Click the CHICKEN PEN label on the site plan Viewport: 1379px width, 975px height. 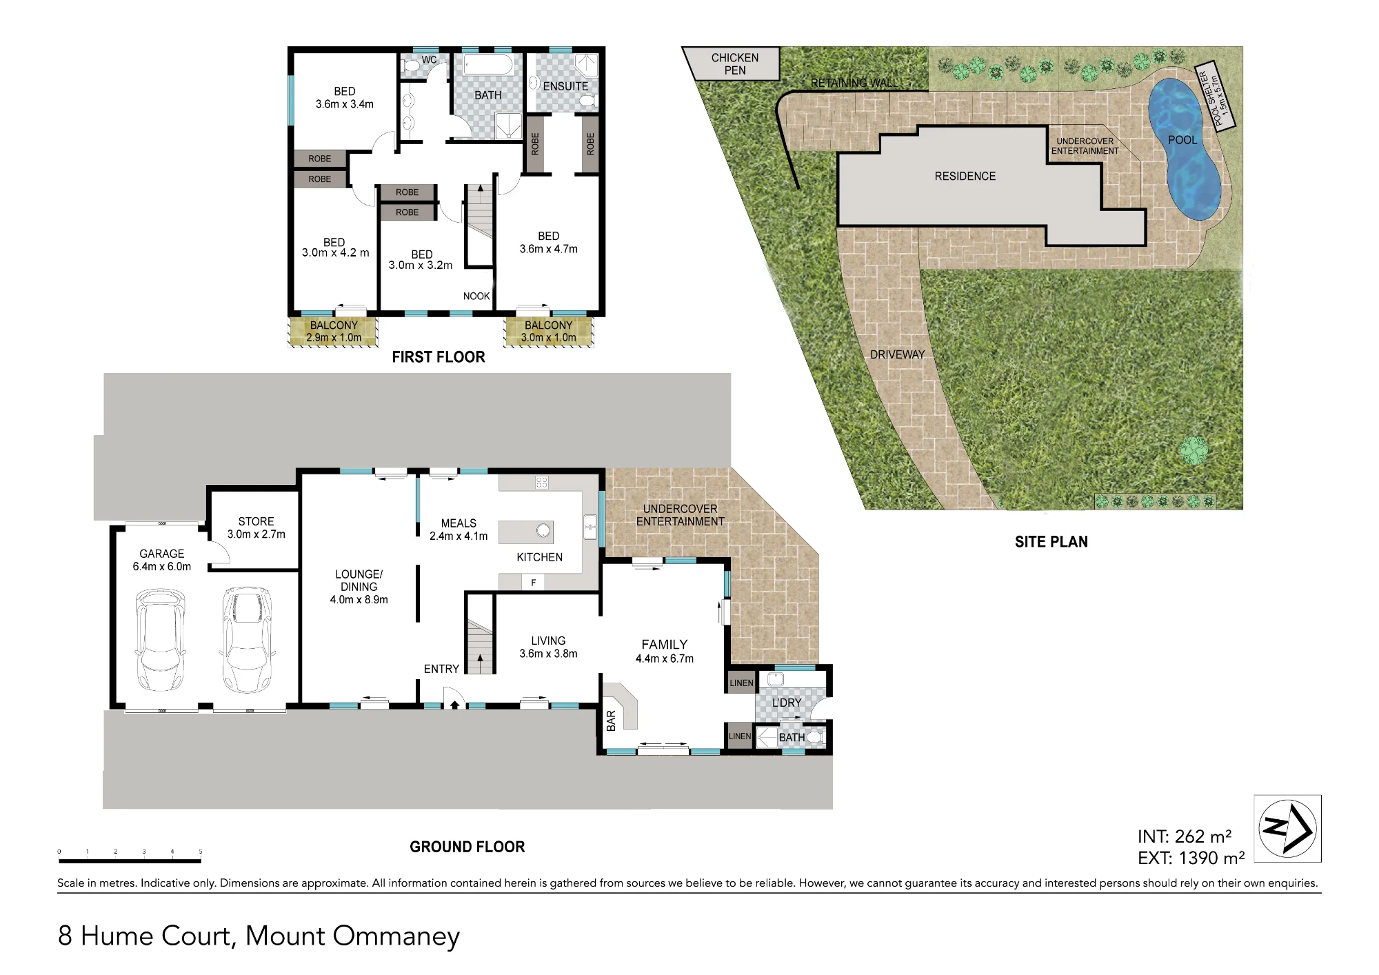tap(735, 64)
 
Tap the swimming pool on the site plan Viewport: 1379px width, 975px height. tap(1183, 148)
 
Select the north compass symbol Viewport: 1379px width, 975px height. tap(1287, 828)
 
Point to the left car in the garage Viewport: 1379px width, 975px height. tap(161, 640)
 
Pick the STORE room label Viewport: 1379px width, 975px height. tap(256, 528)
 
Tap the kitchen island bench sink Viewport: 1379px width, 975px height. tap(543, 531)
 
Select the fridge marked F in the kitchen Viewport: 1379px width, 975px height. tap(533, 583)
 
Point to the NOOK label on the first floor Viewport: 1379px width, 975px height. tap(476, 296)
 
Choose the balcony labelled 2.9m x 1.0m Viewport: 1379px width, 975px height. tap(334, 331)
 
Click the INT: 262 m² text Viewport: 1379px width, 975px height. tap(1185, 836)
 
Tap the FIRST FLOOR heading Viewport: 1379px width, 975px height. tap(439, 357)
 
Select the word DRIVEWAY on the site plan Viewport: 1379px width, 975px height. tap(897, 354)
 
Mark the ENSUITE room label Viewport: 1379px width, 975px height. tap(565, 86)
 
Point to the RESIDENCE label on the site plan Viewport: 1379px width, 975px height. tap(965, 177)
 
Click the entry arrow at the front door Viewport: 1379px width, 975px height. tap(454, 705)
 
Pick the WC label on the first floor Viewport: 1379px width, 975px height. tap(429, 60)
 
